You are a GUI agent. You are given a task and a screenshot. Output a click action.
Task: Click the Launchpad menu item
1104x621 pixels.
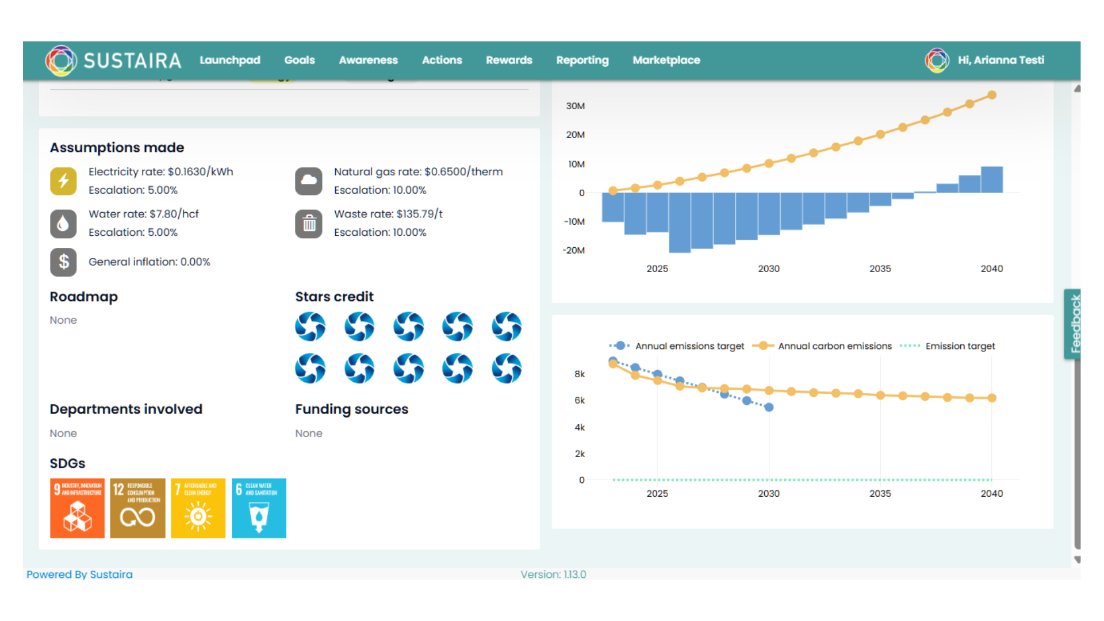click(229, 60)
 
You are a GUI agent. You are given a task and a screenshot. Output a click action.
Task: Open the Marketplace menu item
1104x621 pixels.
click(666, 60)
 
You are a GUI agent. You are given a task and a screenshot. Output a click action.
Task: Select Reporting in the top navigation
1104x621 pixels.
click(582, 60)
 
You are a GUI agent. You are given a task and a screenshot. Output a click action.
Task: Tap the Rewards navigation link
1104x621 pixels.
click(509, 60)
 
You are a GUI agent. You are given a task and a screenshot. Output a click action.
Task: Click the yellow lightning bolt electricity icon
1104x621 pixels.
click(63, 181)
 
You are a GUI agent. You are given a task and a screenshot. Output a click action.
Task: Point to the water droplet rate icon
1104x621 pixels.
click(63, 224)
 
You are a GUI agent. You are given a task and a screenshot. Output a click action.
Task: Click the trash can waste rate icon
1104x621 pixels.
click(309, 224)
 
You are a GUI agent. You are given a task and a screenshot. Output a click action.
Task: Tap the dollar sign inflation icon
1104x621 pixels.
click(63, 262)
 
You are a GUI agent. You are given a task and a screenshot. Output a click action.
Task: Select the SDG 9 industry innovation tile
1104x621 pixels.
click(77, 508)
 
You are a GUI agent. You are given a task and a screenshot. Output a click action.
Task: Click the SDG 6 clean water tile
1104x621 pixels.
click(259, 508)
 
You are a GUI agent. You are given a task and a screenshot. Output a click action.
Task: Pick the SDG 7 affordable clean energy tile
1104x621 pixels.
click(198, 508)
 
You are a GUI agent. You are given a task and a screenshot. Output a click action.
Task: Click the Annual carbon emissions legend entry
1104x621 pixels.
click(834, 346)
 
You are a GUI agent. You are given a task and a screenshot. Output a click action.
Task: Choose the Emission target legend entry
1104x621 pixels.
click(960, 346)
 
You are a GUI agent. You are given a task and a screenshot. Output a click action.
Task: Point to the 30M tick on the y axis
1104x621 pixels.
click(575, 106)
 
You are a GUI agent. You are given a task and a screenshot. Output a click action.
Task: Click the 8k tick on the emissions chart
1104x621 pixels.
click(580, 374)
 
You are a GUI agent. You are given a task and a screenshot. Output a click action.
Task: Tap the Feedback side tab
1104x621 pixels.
click(1074, 324)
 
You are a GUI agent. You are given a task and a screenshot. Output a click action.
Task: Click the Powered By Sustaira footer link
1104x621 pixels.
click(79, 574)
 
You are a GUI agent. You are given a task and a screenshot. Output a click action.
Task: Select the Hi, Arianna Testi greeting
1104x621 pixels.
click(1000, 60)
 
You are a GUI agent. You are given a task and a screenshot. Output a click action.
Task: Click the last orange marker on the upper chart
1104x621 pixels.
click(992, 95)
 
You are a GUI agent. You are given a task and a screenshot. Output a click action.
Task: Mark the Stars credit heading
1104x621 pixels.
click(334, 297)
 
